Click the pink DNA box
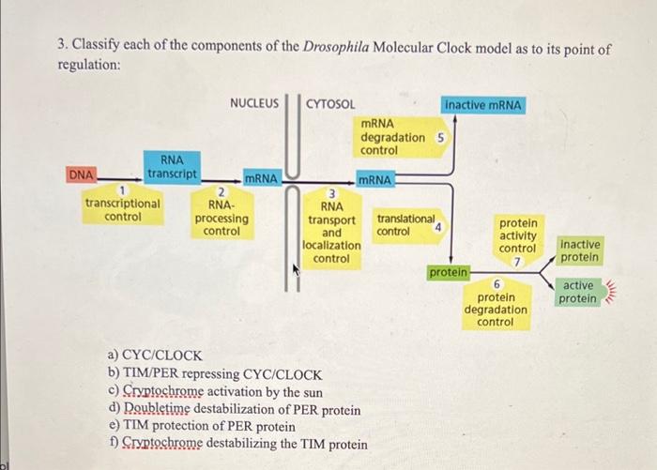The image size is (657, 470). point(81,174)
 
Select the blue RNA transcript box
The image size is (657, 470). point(172,167)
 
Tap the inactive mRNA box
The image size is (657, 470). point(485,104)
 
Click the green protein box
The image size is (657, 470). point(449,272)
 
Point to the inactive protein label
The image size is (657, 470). point(579,250)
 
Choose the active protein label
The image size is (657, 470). point(579,292)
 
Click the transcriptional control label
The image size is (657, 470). point(122,209)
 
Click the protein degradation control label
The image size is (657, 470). point(495,309)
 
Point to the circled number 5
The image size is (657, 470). point(440,138)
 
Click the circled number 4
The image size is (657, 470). point(437,225)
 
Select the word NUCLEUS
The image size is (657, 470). point(254,104)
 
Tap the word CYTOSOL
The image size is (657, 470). point(330,104)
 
